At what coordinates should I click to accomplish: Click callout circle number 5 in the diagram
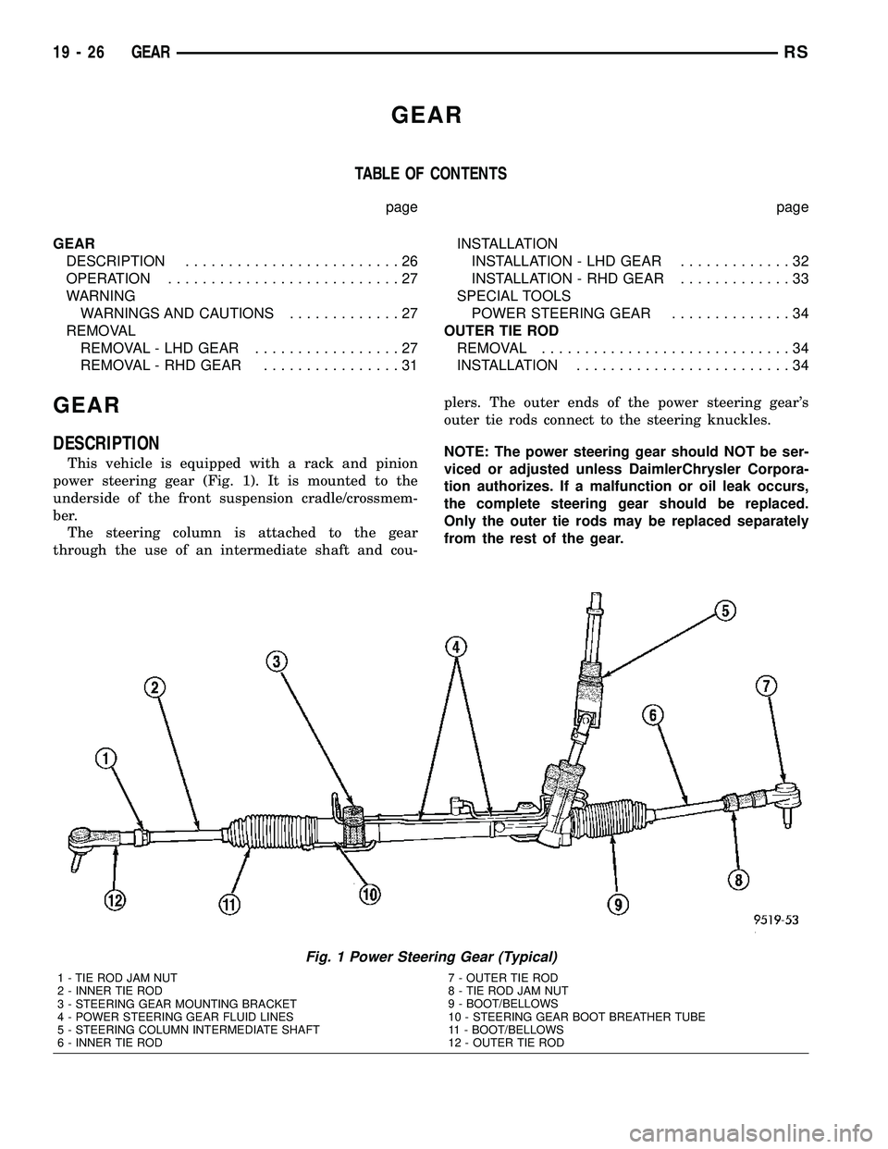[725, 611]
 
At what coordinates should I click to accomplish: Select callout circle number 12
[115, 899]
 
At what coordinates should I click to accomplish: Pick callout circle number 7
[768, 686]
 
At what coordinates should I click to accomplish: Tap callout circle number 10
[369, 894]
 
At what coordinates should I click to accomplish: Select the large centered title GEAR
[426, 116]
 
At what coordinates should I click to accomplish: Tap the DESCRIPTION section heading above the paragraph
[106, 442]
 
